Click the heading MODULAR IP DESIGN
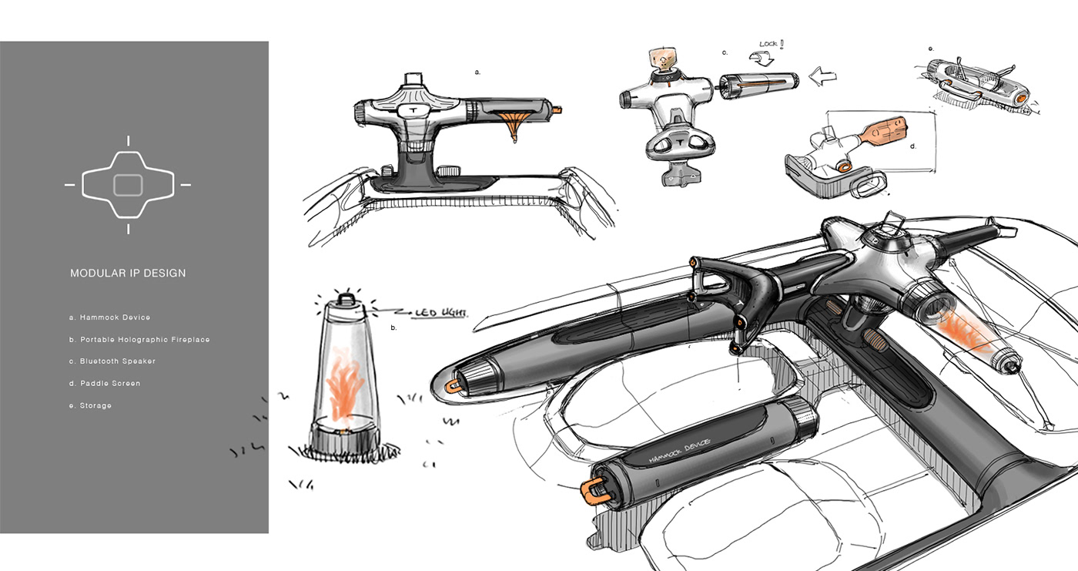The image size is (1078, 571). pyautogui.click(x=128, y=273)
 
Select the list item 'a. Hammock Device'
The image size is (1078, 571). pyautogui.click(x=109, y=317)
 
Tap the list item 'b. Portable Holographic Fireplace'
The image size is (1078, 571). pyautogui.click(x=139, y=339)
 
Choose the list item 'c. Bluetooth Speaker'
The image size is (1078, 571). pyautogui.click(x=112, y=361)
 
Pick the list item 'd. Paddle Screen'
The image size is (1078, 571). pyautogui.click(x=105, y=383)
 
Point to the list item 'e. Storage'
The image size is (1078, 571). pyautogui.click(x=91, y=405)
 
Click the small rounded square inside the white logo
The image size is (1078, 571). pyautogui.click(x=128, y=185)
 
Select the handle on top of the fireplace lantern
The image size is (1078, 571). pyautogui.click(x=346, y=298)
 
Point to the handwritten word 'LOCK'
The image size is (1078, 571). pyautogui.click(x=768, y=44)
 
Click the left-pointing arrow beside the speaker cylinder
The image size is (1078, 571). pyautogui.click(x=822, y=76)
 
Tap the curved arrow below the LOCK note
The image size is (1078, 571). pyautogui.click(x=762, y=59)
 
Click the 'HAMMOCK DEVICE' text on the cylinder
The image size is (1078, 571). pyautogui.click(x=679, y=450)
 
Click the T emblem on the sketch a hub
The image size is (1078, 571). pyautogui.click(x=413, y=110)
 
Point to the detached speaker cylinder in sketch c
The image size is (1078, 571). pyautogui.click(x=759, y=86)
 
